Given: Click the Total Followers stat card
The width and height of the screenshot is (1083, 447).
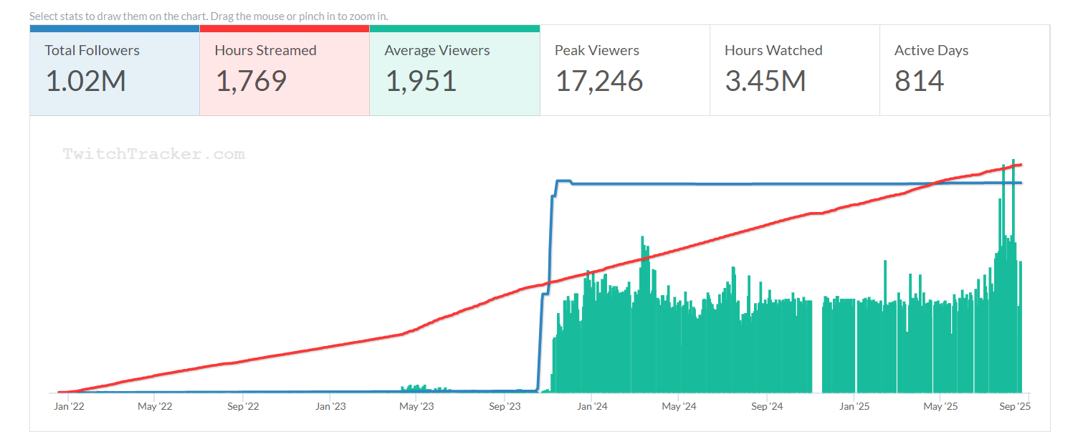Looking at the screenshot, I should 115,70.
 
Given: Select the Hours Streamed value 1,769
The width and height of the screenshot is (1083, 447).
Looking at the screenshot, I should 251,82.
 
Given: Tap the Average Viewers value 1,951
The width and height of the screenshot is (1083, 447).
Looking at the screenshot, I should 421,82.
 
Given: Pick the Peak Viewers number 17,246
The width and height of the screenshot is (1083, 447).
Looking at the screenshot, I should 599,82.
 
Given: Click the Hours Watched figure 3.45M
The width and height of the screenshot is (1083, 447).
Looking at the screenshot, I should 765,82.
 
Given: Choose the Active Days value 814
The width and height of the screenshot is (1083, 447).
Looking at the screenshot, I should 919,82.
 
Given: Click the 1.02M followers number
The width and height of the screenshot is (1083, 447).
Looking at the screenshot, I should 85,82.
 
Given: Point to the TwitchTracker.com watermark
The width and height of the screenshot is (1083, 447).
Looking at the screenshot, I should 153,154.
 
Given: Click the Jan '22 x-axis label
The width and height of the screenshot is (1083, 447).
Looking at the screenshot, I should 70,407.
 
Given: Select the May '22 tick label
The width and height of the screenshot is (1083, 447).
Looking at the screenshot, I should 155,407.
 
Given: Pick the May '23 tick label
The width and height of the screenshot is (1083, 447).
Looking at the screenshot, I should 416,407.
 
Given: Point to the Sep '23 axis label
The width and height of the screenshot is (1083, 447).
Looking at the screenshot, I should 505,407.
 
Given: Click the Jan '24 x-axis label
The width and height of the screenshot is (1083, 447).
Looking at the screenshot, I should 592,407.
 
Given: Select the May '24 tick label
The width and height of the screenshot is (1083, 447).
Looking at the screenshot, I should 678,407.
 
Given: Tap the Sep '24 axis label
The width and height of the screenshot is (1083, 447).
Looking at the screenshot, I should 766,407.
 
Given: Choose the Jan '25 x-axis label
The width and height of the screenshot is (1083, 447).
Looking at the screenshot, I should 854,407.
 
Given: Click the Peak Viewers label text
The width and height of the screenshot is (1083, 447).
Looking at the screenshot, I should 596,51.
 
